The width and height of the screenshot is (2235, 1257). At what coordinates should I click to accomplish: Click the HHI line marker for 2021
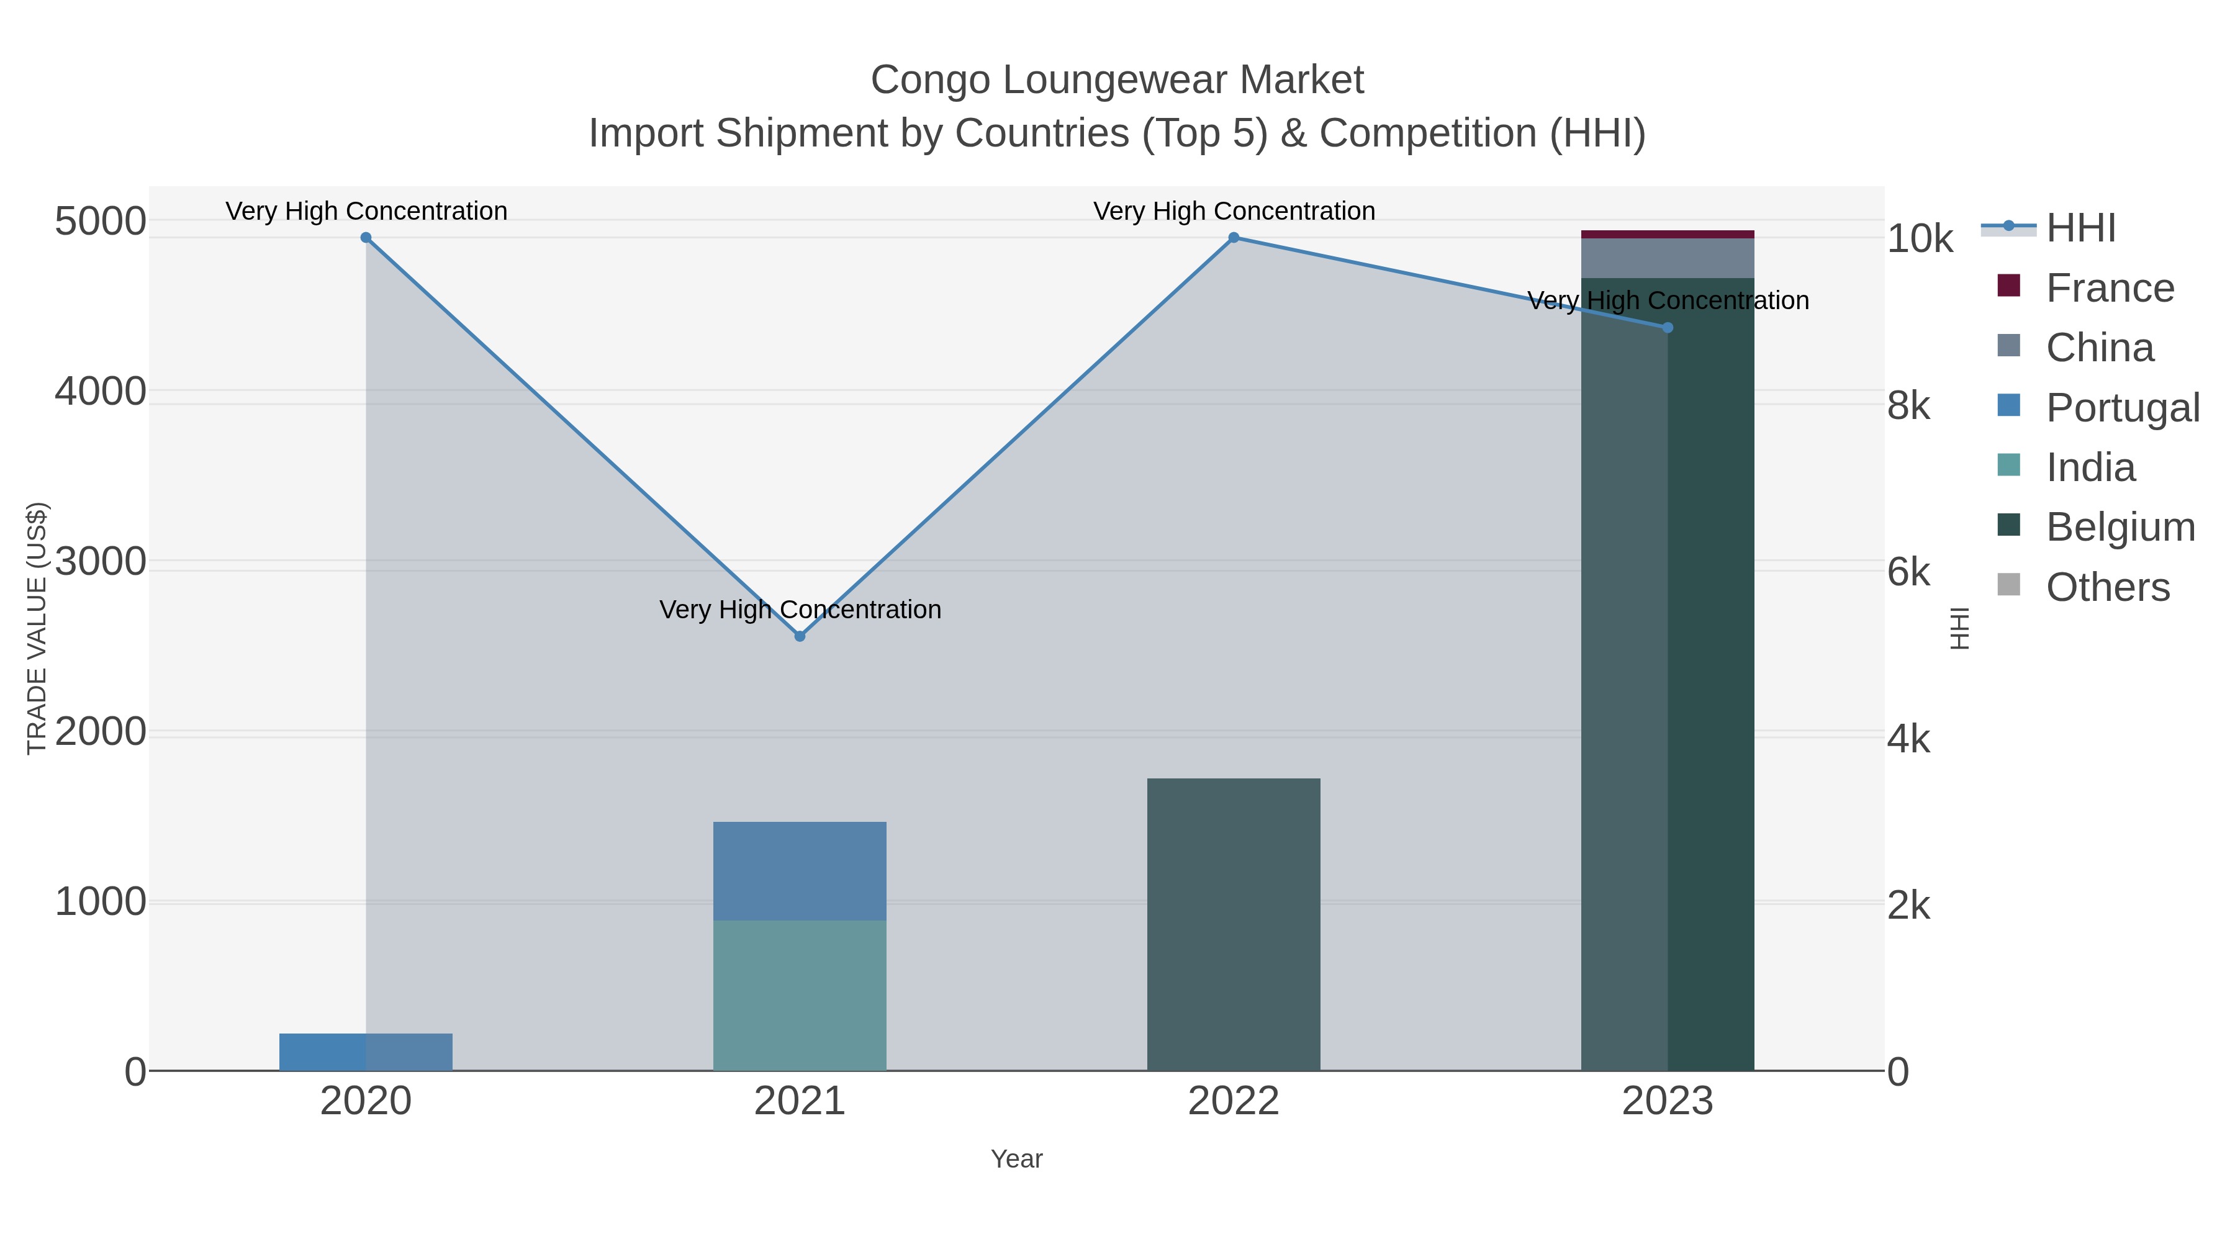(800, 636)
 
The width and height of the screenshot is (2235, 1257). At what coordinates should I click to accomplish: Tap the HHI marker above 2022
(1233, 238)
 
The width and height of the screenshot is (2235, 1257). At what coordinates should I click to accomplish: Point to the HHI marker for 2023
(1667, 328)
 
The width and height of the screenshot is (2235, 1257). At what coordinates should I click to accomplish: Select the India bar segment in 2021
(799, 995)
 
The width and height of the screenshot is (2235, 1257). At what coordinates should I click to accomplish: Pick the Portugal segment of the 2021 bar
(799, 870)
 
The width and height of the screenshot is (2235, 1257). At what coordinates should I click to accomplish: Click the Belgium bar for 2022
(1233, 924)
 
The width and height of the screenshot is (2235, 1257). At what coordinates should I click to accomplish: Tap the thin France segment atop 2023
(1667, 234)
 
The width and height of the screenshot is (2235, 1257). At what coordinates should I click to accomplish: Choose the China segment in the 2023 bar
(1667, 258)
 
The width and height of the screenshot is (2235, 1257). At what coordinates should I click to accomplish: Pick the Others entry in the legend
(2106, 587)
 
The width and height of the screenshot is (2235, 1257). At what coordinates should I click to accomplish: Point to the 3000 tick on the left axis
(101, 562)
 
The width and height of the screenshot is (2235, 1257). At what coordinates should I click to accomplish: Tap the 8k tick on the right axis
(1910, 406)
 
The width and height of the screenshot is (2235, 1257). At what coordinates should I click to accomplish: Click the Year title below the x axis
(1016, 1159)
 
